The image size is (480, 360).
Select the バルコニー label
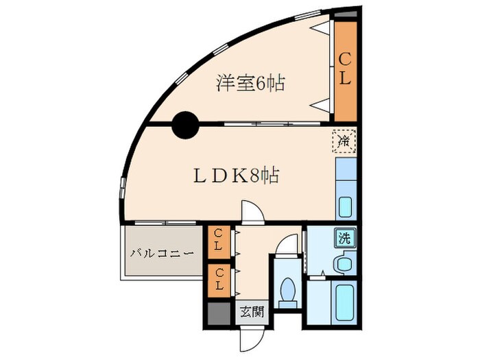click(x=163, y=253)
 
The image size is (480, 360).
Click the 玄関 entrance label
click(x=251, y=312)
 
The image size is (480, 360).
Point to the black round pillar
click(x=184, y=124)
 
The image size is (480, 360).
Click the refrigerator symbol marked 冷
click(x=345, y=141)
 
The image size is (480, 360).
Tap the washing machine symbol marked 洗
click(x=344, y=239)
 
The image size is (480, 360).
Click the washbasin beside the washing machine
click(x=341, y=263)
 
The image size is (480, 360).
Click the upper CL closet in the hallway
click(x=218, y=240)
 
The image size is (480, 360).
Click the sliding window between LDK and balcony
click(x=165, y=224)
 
